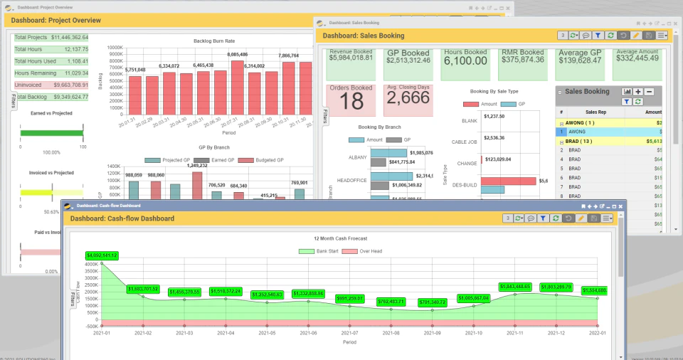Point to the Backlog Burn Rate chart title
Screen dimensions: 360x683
pyautogui.click(x=214, y=41)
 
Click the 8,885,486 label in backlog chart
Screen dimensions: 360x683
pyautogui.click(x=237, y=54)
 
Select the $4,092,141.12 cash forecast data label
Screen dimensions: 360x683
pyautogui.click(x=102, y=255)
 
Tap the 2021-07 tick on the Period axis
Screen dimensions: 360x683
pyautogui.click(x=350, y=332)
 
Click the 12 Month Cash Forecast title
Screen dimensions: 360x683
pyautogui.click(x=345, y=238)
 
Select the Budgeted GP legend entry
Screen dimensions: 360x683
pyautogui.click(x=268, y=160)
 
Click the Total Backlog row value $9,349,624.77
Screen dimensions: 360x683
pyautogui.click(x=71, y=96)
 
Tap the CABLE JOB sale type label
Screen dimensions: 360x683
pyautogui.click(x=465, y=142)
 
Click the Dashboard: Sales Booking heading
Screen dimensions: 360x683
pyautogui.click(x=363, y=36)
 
